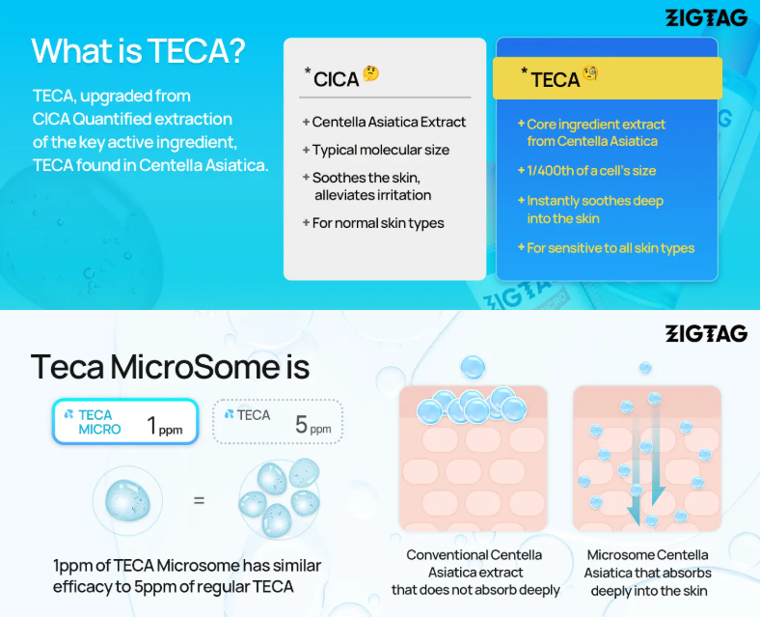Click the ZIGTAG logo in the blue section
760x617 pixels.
coord(706,18)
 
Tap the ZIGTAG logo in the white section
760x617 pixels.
coord(706,334)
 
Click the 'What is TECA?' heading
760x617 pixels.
coord(138,50)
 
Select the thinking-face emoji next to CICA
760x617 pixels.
coord(371,73)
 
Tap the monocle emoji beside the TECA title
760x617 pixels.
coord(590,72)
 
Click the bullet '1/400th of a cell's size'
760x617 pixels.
coord(587,171)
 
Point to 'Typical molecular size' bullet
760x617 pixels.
coord(376,150)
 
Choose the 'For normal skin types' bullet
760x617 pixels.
coord(373,223)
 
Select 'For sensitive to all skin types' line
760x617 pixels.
coord(606,248)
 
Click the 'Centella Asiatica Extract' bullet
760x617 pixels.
coord(384,122)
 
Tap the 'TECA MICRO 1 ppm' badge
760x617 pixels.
coord(125,422)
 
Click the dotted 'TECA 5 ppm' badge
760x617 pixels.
coord(278,422)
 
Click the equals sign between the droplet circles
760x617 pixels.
coord(200,500)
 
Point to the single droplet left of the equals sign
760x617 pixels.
coord(128,500)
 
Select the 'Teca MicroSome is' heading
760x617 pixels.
coord(170,367)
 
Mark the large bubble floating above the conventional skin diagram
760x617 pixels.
coord(473,367)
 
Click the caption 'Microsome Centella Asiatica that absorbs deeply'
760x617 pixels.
coord(648,573)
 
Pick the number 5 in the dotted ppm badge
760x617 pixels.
coord(301,425)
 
